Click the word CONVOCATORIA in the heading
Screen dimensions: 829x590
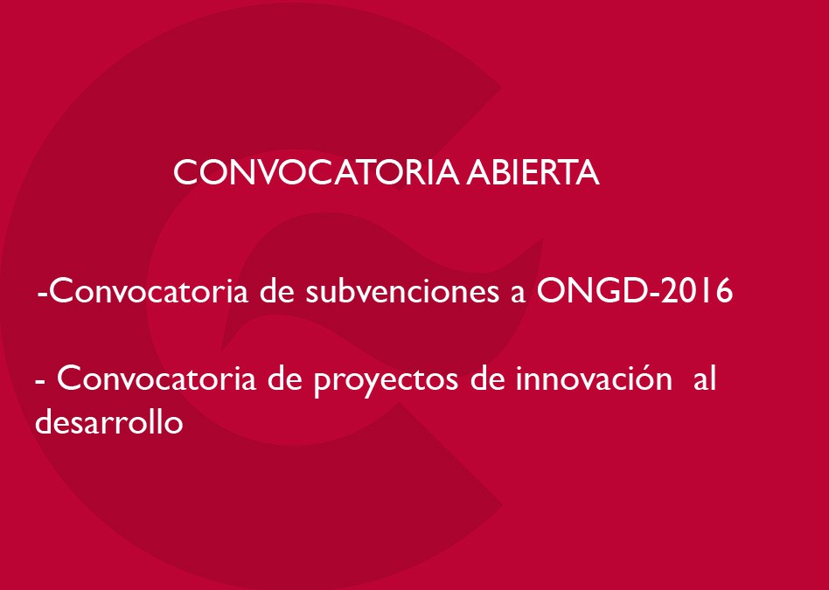click(317, 172)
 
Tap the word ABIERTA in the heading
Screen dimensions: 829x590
click(533, 172)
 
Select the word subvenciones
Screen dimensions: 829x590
click(401, 292)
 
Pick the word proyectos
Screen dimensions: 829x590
click(386, 381)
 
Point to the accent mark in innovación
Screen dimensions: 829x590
click(645, 366)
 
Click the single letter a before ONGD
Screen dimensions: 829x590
click(518, 296)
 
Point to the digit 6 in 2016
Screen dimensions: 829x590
click(724, 291)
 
